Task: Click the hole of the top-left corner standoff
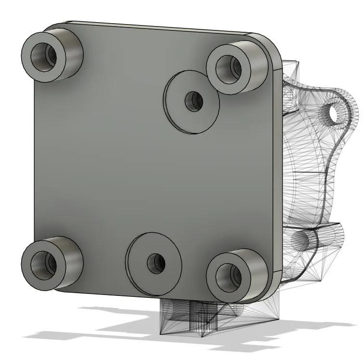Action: (x=44, y=56)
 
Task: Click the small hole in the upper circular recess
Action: (x=195, y=101)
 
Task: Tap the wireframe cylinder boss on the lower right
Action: (x=318, y=239)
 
